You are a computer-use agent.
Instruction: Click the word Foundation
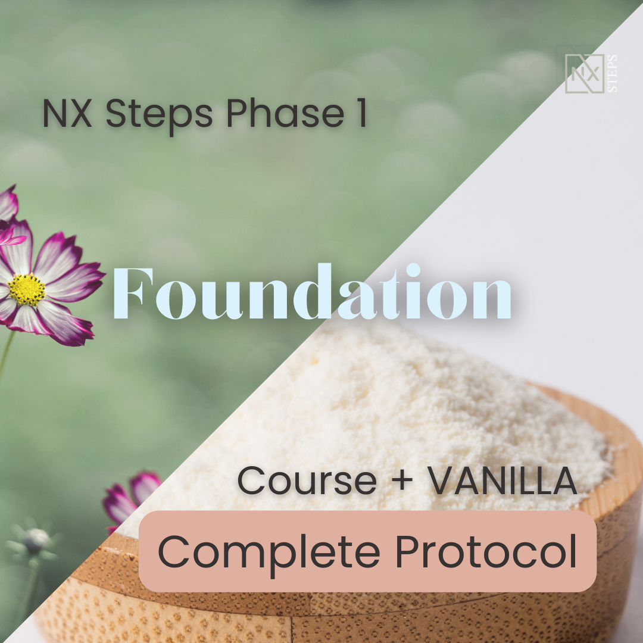pyautogui.click(x=312, y=292)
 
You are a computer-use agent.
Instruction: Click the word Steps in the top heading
pyautogui.click(x=160, y=114)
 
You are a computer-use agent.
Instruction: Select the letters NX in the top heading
pyautogui.click(x=67, y=113)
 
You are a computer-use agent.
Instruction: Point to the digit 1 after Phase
pyautogui.click(x=361, y=113)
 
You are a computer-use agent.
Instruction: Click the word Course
pyautogui.click(x=307, y=480)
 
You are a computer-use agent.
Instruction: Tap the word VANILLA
pyautogui.click(x=502, y=480)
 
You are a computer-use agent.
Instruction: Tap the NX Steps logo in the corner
pyautogui.click(x=591, y=73)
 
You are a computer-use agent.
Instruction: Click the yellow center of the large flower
pyautogui.click(x=27, y=289)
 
